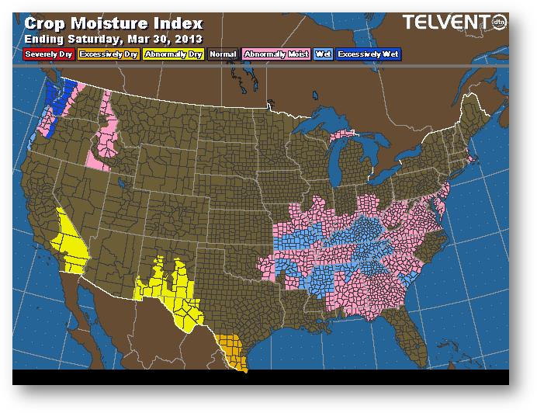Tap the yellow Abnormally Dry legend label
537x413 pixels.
(175, 54)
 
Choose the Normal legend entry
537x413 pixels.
(223, 54)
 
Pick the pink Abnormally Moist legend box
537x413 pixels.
(276, 54)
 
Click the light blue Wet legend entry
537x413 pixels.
(322, 54)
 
